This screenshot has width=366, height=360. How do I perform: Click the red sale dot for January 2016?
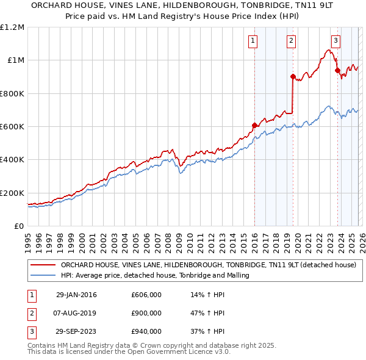254,126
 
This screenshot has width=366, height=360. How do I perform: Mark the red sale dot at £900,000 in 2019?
293,77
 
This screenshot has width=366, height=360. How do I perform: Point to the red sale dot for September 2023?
337,70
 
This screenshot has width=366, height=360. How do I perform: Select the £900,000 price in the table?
146,313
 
